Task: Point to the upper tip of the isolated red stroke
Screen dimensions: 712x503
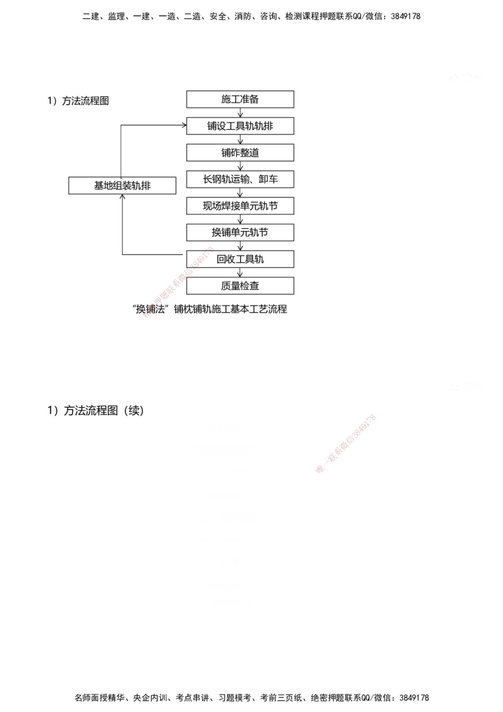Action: click(x=211, y=248)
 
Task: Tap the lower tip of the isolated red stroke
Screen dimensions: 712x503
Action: click(x=145, y=316)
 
